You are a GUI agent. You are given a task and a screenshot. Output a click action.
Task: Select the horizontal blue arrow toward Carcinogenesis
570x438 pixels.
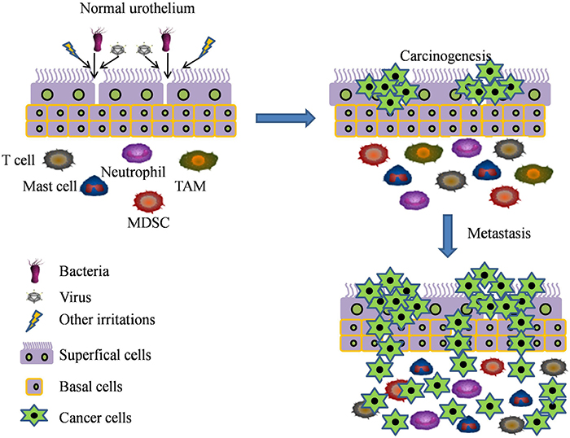pyautogui.click(x=285, y=120)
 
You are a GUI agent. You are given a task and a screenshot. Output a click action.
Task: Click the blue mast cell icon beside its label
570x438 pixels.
pyautogui.click(x=94, y=187)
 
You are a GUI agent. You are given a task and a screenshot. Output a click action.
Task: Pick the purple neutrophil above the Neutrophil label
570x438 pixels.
pyautogui.click(x=136, y=152)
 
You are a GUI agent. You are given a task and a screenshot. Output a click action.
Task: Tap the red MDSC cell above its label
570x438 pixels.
pyautogui.click(x=148, y=202)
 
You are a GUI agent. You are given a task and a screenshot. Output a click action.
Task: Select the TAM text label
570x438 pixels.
pyautogui.click(x=195, y=186)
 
